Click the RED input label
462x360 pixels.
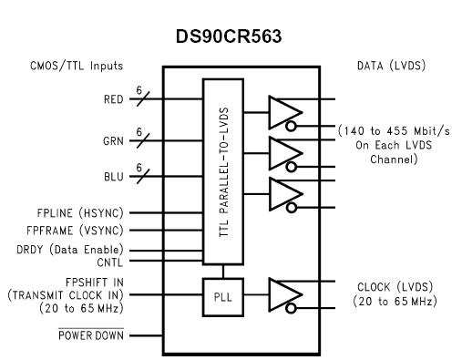113,100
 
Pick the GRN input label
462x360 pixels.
113,141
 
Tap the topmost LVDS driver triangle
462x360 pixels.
282,112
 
